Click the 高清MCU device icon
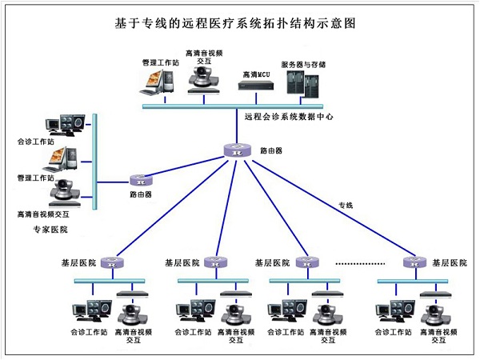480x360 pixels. (254, 83)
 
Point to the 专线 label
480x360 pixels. (346, 206)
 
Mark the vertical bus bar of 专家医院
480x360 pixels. (94, 160)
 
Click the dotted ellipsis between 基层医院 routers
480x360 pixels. (362, 262)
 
